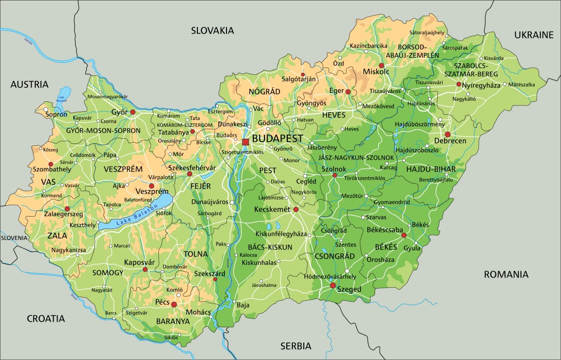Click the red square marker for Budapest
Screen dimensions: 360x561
246,142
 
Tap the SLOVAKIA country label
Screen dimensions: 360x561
212,31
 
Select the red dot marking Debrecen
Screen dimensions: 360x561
447,134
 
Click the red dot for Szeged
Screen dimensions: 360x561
333,285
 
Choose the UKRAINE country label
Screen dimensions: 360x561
534,35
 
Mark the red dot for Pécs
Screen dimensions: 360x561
174,304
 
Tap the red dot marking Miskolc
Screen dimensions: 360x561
382,65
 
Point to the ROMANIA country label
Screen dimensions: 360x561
506,274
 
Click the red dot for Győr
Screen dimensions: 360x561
133,112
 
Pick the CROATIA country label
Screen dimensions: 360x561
46,318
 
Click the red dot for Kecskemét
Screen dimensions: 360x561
296,209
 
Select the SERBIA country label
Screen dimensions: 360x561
296,345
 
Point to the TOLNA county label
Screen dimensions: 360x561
196,254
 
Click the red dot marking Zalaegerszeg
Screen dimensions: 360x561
67,208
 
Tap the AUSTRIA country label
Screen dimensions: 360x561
29,84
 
